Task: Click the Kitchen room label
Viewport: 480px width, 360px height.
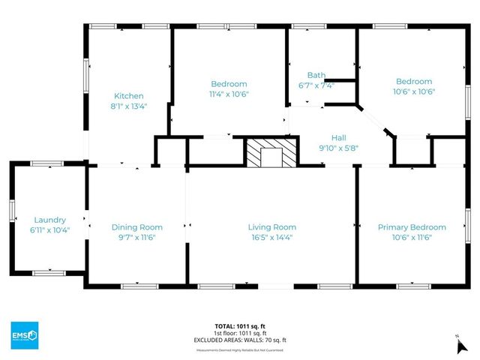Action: [128, 96]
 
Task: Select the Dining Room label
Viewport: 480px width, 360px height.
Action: [136, 227]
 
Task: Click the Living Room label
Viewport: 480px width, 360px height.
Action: [272, 227]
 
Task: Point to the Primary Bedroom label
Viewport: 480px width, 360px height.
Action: [412, 227]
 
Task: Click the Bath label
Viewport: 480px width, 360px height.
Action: [316, 75]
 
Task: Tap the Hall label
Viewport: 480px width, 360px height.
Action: [339, 138]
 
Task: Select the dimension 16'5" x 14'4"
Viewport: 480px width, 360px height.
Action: [272, 238]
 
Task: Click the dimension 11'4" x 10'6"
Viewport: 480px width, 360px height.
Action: [229, 94]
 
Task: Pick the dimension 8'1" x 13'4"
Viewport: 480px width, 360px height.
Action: [128, 106]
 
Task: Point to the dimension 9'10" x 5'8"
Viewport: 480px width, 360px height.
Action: [339, 148]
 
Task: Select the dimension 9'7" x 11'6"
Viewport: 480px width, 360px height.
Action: [136, 238]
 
